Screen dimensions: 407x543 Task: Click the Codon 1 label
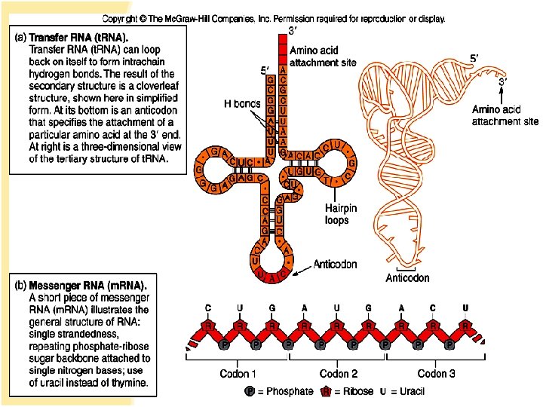[238, 374]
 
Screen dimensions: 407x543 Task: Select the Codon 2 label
[339, 374]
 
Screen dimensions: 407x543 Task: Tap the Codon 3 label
[437, 374]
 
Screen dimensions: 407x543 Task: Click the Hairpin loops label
[336, 214]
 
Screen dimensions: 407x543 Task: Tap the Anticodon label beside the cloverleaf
[335, 265]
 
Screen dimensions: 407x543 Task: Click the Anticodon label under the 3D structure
[407, 278]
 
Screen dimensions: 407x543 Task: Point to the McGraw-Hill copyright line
[273, 17]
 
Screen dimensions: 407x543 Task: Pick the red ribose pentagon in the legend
[327, 391]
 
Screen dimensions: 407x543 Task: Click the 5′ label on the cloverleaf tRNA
[263, 72]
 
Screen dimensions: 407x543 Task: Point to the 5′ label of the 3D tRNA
[473, 58]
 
